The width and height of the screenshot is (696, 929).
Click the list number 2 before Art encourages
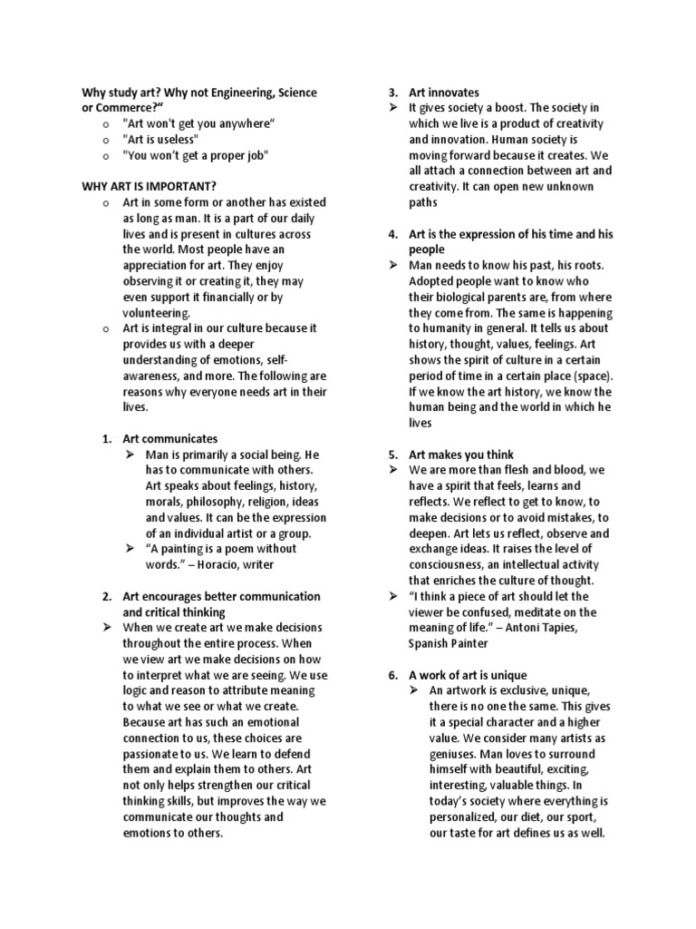tap(106, 596)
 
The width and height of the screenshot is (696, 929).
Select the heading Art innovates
tap(444, 93)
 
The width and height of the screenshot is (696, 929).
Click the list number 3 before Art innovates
tap(392, 93)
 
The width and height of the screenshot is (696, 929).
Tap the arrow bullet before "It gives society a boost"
tap(393, 108)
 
